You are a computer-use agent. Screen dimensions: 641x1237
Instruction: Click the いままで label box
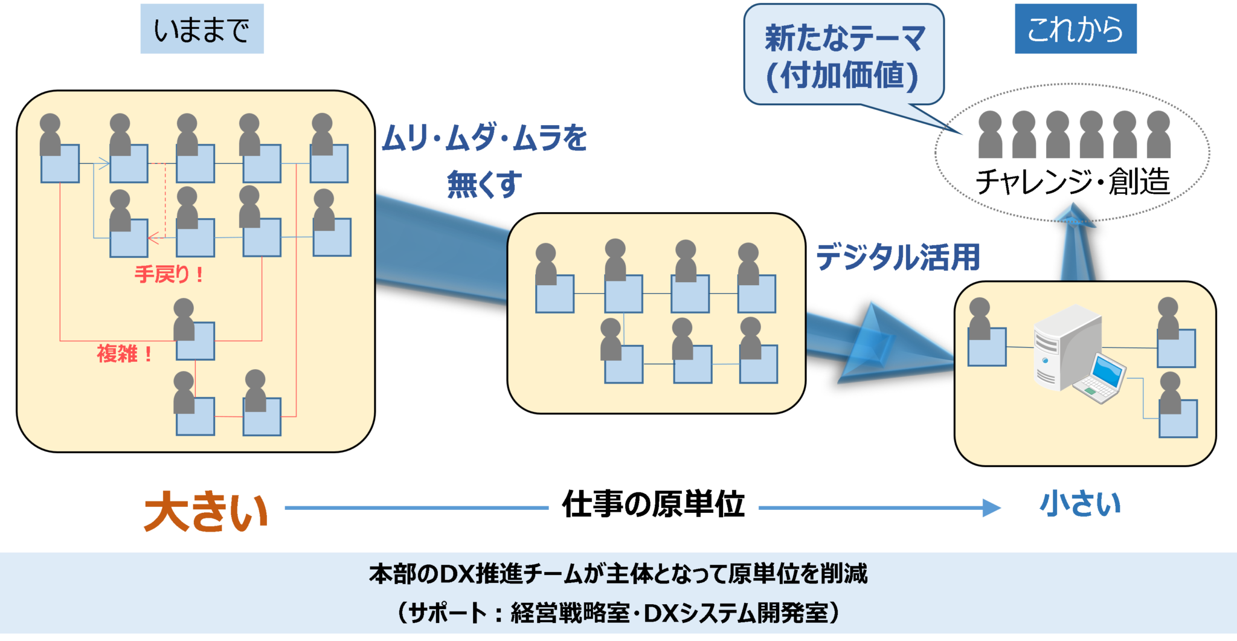click(x=202, y=29)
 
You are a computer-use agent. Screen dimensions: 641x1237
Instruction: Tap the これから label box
click(x=1075, y=29)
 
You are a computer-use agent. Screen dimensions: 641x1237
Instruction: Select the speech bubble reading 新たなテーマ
click(x=843, y=56)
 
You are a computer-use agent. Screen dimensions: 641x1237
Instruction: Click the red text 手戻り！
click(x=169, y=274)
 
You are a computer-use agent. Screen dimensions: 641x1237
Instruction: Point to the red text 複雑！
click(x=124, y=353)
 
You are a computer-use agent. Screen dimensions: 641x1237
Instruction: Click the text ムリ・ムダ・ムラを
click(x=484, y=138)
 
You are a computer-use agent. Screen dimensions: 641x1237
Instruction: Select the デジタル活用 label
click(x=898, y=257)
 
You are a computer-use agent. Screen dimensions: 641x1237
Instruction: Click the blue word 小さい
click(x=1080, y=504)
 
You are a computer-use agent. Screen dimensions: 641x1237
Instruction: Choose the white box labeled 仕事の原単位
click(x=653, y=503)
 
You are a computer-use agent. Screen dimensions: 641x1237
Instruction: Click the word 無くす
click(x=484, y=184)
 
